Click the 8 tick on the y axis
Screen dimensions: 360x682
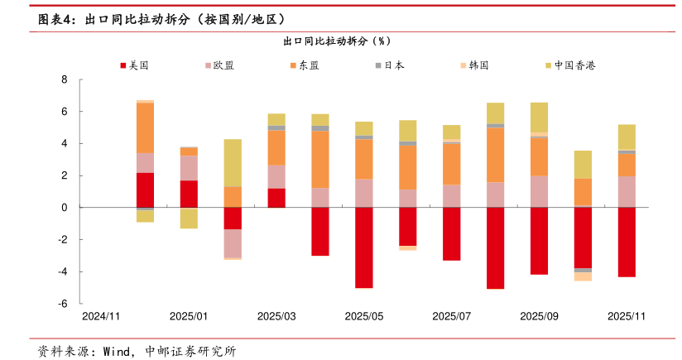point(64,79)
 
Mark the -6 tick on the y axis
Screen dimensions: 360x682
point(62,304)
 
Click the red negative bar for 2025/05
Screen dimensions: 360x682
point(364,247)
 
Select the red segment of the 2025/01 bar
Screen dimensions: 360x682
point(189,194)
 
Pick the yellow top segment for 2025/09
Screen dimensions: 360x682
point(539,117)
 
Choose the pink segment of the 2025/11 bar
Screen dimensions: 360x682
point(627,192)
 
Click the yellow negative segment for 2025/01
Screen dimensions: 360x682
point(189,218)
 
